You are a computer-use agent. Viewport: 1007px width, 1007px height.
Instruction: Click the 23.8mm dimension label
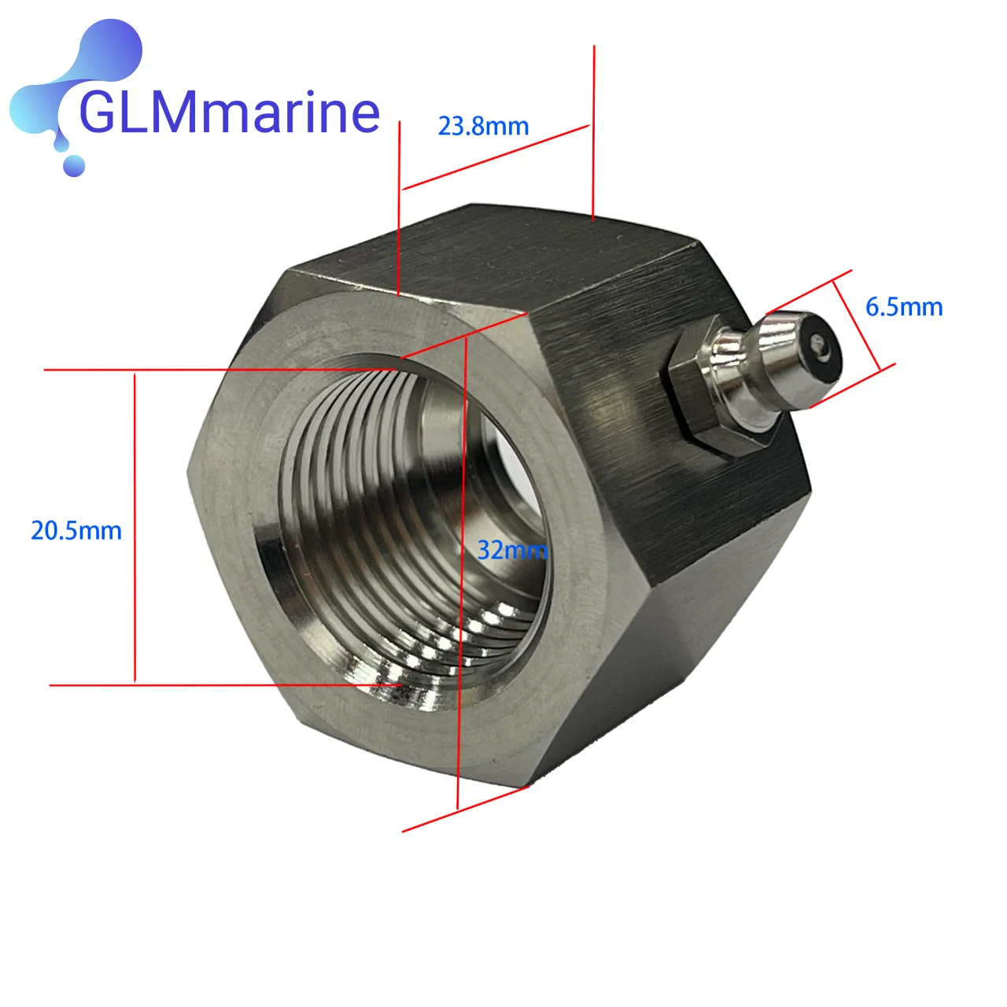point(483,126)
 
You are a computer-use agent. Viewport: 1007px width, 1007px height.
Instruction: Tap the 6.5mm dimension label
point(904,307)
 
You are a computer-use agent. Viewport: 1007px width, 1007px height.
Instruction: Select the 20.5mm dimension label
point(76,530)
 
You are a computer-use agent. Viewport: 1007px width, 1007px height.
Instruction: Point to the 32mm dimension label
point(511,549)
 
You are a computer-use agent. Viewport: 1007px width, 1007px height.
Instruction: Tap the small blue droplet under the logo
point(74,165)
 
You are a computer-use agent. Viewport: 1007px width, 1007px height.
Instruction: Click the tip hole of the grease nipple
point(820,344)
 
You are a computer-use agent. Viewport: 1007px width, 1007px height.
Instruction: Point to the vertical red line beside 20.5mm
point(135,527)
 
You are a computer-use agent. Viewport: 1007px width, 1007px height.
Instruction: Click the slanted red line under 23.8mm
point(496,157)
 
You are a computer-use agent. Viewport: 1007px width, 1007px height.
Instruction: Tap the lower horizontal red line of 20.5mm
point(220,685)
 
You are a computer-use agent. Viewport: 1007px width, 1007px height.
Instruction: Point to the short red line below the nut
point(464,810)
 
